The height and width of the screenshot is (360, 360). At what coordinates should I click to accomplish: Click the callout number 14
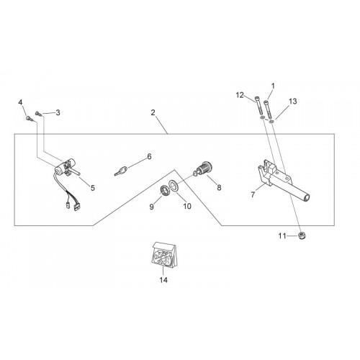coord(163,280)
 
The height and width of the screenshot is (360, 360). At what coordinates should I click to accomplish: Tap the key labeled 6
coord(121,171)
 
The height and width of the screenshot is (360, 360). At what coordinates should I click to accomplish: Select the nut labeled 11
coord(302,235)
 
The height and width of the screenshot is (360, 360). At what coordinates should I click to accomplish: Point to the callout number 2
coord(153,112)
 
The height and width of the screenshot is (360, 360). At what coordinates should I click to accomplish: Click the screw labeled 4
coord(30,119)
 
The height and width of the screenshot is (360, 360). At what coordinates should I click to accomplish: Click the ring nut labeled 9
coord(164,191)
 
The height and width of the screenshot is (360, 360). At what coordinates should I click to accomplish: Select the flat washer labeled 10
coord(174,186)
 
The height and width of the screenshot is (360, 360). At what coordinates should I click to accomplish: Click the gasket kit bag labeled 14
coord(163,255)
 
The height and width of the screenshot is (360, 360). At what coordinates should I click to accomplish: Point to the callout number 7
coord(253,194)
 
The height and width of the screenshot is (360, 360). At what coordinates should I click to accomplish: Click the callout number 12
coord(240,95)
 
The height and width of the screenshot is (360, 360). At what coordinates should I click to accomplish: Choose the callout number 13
coord(293,102)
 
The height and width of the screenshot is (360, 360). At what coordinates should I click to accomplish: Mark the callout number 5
coord(93,188)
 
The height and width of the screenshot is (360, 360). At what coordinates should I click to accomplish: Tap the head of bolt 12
coord(257,99)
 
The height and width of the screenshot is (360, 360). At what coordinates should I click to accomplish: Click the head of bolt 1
coord(266,103)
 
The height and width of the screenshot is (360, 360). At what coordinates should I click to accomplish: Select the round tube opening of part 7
coord(307,198)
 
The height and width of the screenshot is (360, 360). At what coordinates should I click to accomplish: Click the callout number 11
coord(282,236)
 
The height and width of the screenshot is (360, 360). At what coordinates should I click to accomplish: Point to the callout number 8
coord(219,188)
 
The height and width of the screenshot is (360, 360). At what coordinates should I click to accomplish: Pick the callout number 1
coord(273,86)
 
